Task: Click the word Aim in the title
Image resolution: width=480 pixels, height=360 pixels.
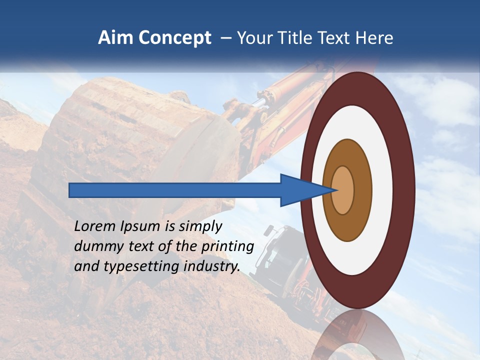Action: [115, 38]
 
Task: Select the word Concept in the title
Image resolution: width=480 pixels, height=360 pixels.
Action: [173, 38]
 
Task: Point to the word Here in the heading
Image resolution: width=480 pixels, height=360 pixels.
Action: [374, 38]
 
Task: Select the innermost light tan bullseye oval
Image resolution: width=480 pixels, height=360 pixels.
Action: [342, 190]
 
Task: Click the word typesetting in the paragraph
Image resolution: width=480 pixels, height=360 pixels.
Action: [142, 267]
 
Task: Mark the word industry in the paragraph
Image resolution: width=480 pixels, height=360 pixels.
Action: [212, 266]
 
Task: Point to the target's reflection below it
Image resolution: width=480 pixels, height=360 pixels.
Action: [357, 335]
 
